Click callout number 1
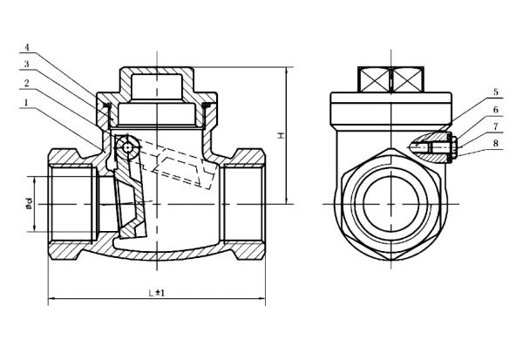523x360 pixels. point(28,102)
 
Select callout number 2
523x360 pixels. point(28,83)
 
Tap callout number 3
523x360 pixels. point(28,65)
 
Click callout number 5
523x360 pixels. point(471,92)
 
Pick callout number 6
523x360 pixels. point(471,111)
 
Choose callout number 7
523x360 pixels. point(471,127)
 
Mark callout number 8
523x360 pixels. point(471,144)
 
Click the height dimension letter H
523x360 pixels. point(281,135)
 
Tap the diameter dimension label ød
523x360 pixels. point(29,205)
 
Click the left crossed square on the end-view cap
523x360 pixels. point(376,80)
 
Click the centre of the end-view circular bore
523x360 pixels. point(390,205)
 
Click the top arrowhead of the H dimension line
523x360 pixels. point(286,69)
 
